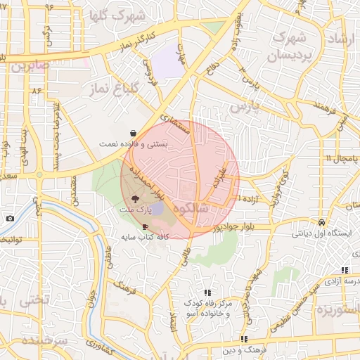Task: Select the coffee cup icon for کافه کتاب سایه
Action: pyautogui.click(x=146, y=226)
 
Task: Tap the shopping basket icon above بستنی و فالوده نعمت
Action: pyautogui.click(x=133, y=132)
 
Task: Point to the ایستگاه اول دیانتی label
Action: pyautogui.click(x=317, y=231)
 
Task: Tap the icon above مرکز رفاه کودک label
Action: pyautogui.click(x=207, y=292)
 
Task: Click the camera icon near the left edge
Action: pyautogui.click(x=10, y=218)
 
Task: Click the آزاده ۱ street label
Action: pyautogui.click(x=250, y=200)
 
